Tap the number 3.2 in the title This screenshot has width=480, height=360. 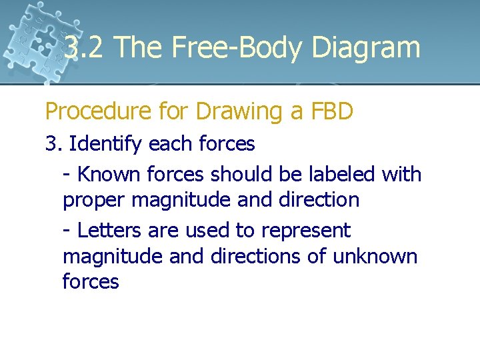click(83, 48)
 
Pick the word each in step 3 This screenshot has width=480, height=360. click(167, 143)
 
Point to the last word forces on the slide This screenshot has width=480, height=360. click(91, 282)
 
